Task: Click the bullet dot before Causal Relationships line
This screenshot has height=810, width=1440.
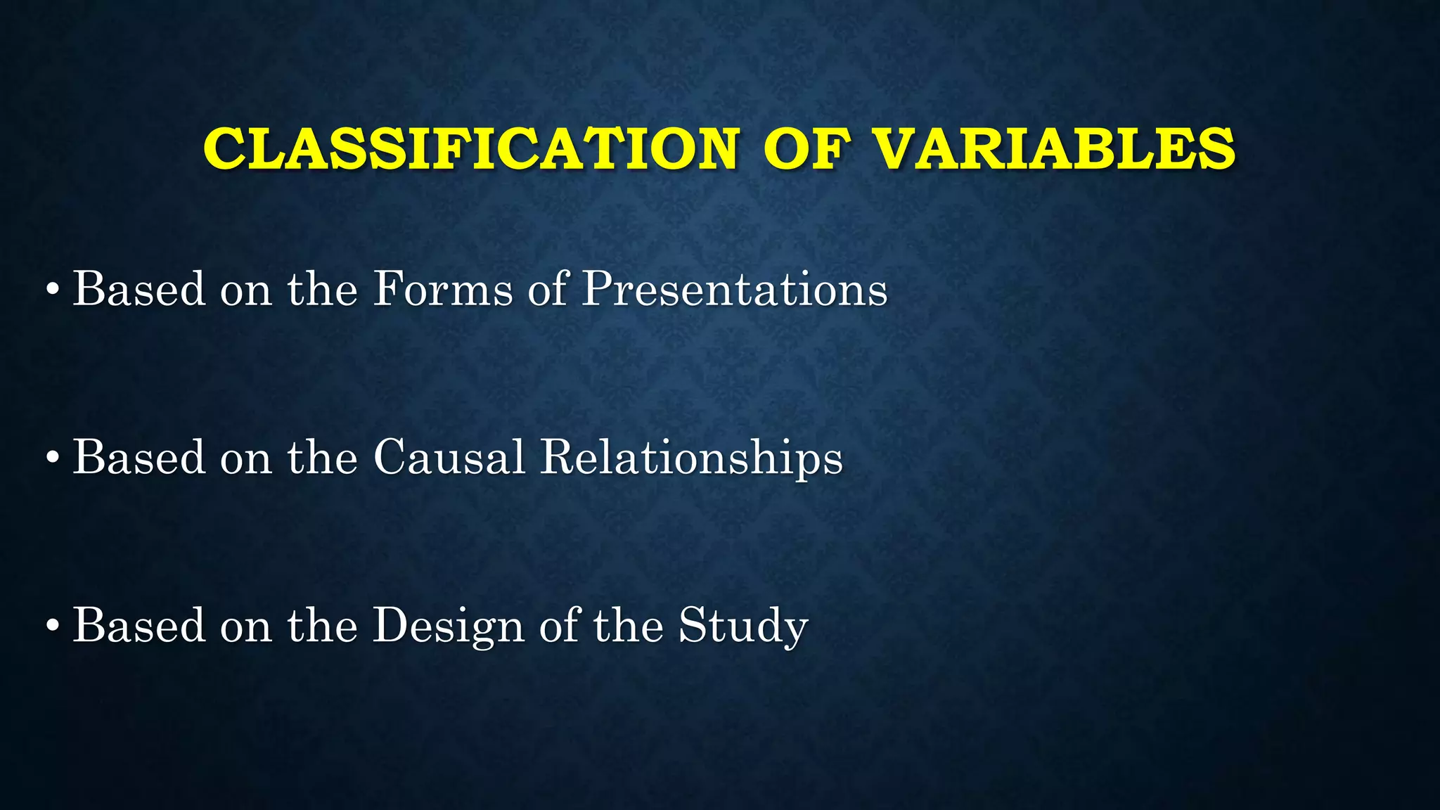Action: point(52,458)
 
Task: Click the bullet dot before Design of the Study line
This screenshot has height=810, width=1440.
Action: point(52,625)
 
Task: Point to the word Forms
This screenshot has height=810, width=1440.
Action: point(442,289)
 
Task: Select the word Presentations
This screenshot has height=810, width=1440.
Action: point(735,289)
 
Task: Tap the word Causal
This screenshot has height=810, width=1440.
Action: point(449,458)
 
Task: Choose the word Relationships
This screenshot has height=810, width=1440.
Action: point(691,458)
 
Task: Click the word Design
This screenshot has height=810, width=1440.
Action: point(448,625)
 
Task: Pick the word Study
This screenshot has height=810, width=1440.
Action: point(742,625)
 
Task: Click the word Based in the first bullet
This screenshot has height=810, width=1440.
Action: point(139,289)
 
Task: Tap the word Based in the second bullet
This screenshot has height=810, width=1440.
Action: point(139,458)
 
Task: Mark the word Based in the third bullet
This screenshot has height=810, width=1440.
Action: point(139,625)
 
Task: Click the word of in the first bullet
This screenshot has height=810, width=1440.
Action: point(548,289)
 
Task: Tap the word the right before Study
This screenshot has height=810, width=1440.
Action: point(628,625)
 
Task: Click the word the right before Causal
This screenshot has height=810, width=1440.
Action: point(322,458)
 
